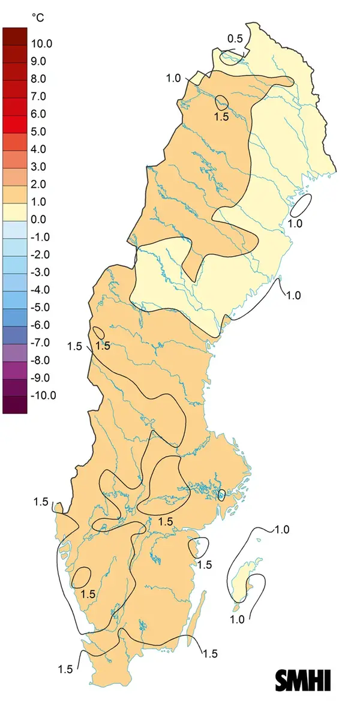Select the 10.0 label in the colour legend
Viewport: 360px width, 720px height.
pyautogui.click(x=43, y=44)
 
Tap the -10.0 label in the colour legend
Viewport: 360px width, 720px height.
pyautogui.click(x=44, y=395)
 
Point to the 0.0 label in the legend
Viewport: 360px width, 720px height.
pyautogui.click(x=40, y=220)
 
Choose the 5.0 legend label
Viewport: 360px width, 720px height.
pyautogui.click(x=40, y=131)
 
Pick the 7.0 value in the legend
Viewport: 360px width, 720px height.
pyautogui.click(x=40, y=97)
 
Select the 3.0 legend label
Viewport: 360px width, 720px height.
pyautogui.click(x=40, y=167)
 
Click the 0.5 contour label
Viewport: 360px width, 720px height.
pyautogui.click(x=235, y=40)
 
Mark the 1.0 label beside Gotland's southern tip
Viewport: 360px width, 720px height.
pyautogui.click(x=238, y=620)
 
